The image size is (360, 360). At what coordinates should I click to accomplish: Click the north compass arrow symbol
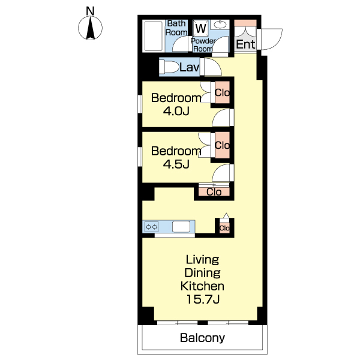click(x=90, y=28)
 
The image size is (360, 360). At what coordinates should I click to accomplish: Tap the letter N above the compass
click(x=90, y=11)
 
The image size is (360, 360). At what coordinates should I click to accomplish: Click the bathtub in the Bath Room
click(x=154, y=36)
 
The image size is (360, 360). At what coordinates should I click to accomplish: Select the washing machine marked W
click(x=201, y=28)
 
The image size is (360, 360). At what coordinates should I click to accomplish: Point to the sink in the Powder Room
click(x=220, y=25)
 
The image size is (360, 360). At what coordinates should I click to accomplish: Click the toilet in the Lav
click(x=169, y=67)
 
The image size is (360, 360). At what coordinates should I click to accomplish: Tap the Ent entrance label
click(x=245, y=44)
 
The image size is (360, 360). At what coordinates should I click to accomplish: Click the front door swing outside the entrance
click(x=272, y=39)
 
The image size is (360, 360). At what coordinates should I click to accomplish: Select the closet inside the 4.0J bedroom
click(x=222, y=92)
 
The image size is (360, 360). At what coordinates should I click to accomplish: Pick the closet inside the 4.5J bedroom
click(x=222, y=145)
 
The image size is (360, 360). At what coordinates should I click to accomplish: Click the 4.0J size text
click(x=176, y=111)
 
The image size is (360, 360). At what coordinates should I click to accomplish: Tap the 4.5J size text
click(x=176, y=164)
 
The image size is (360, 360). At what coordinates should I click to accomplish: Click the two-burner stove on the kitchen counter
click(x=152, y=227)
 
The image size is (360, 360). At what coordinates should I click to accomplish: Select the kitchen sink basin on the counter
click(x=181, y=227)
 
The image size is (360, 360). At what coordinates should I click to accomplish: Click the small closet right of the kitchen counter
click(x=224, y=228)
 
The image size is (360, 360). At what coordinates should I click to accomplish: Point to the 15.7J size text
click(x=203, y=299)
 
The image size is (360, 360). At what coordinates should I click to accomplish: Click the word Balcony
click(x=202, y=338)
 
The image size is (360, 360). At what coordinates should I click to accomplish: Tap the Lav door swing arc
click(x=213, y=67)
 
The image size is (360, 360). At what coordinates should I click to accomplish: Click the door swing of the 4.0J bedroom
click(x=221, y=118)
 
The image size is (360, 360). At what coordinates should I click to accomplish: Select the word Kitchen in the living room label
click(x=202, y=286)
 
